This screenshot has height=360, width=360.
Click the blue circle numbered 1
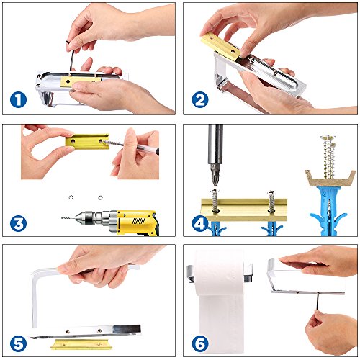[18, 100]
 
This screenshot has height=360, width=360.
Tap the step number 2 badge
[200, 100]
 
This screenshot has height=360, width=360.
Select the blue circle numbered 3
[18, 224]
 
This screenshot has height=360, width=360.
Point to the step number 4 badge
[200, 224]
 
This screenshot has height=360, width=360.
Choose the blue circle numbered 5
[18, 344]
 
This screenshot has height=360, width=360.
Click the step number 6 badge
[200, 344]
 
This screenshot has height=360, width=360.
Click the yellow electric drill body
[137, 222]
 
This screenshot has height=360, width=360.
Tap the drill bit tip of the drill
[62, 218]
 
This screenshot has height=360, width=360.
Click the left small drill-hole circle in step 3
[71, 197]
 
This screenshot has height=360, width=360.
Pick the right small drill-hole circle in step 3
[100, 198]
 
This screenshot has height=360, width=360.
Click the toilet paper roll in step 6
[220, 300]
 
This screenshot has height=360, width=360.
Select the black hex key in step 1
[71, 56]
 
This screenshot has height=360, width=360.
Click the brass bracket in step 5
[81, 344]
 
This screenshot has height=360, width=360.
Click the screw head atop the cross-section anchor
[328, 138]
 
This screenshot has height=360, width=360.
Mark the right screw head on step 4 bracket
[272, 192]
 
